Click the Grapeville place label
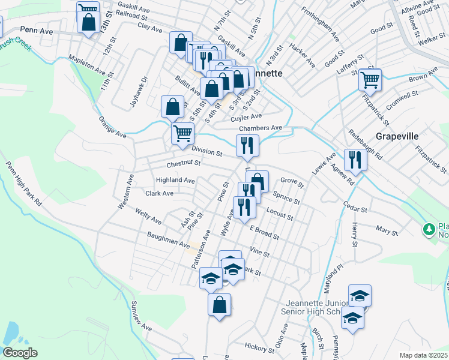[397, 136]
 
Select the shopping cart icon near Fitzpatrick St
[370, 79]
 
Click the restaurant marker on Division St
[247, 145]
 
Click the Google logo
[20, 353]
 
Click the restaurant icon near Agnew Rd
[355, 160]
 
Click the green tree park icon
[429, 229]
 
